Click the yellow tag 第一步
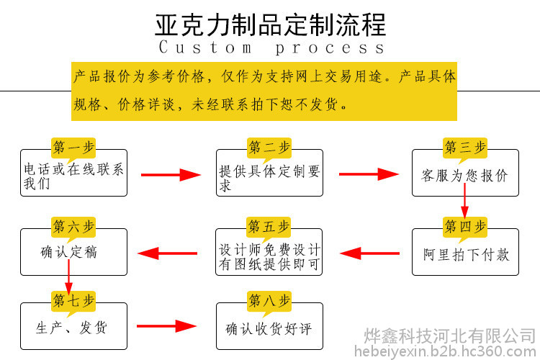coord(73,148)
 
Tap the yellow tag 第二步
coord(269,148)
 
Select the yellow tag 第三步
coord(465,148)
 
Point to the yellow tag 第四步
coord(465,228)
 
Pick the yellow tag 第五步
coord(269,228)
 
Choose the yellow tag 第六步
coord(73,228)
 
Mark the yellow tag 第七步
coord(73,302)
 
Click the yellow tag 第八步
coord(269,302)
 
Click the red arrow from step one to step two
coord(171,175)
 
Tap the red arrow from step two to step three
coord(369,174)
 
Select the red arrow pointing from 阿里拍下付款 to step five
coord(369,253)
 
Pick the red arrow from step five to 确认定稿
coord(167,253)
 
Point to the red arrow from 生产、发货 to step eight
coord(167,326)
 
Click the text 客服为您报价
coord(464,176)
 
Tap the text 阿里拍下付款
coord(467,255)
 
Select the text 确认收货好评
coord(269,328)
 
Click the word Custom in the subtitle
coord(205,48)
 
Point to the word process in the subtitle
coord(330,48)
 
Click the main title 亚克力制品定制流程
coord(270,25)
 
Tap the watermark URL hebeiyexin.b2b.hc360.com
coord(445,351)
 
